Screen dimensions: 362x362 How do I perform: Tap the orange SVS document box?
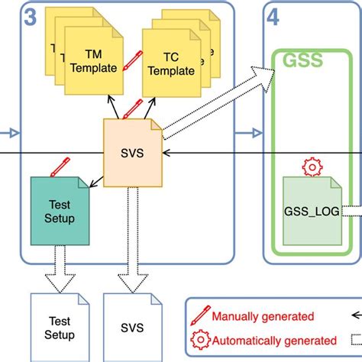point(132,152)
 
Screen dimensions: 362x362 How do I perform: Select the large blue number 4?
point(273,18)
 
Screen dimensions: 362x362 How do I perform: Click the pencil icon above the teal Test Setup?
point(60,166)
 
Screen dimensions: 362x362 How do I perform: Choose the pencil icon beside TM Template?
point(132,57)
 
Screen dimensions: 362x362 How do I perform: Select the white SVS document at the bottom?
point(131,327)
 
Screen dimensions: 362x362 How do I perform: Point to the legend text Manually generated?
point(262,315)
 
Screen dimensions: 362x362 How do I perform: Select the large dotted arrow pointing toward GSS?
point(218,104)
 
